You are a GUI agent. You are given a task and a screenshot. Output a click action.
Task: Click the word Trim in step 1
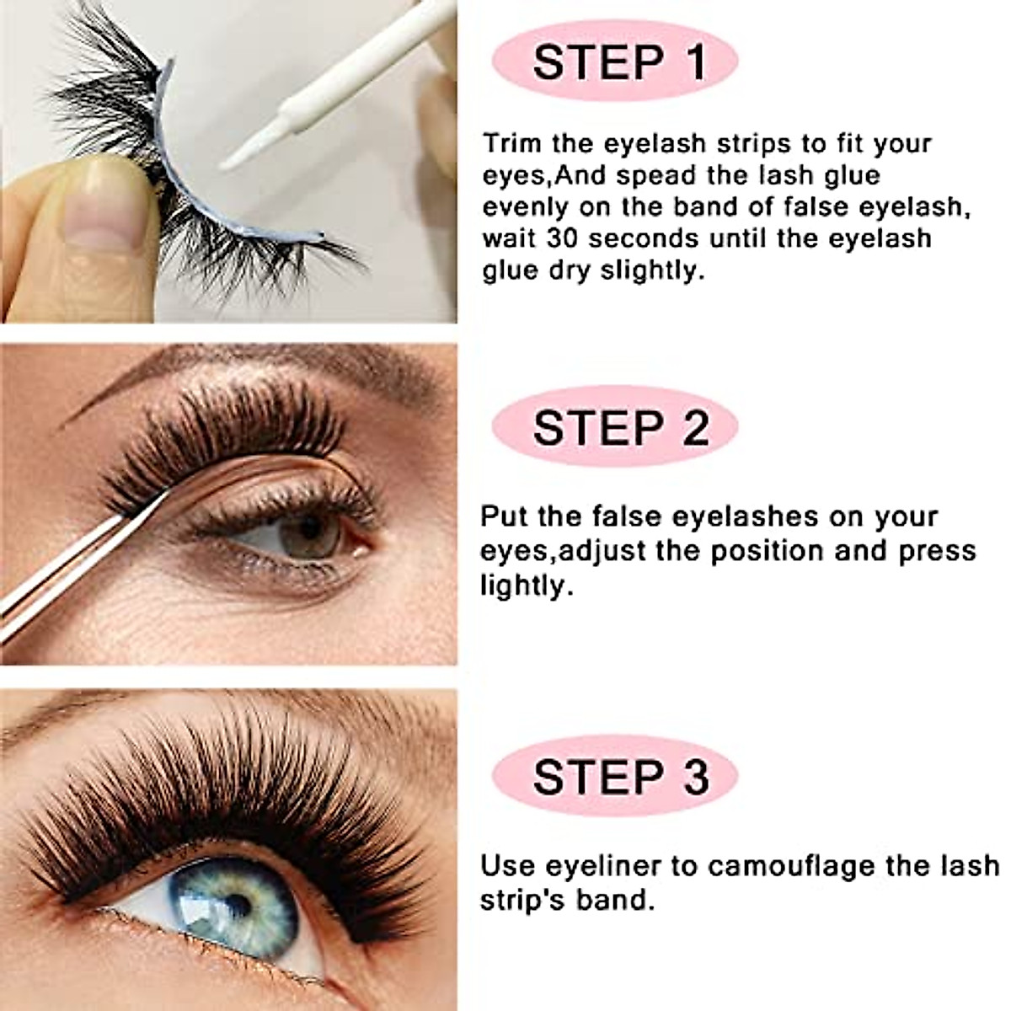tap(513, 142)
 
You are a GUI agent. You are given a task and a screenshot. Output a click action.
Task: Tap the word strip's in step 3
tap(522, 899)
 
